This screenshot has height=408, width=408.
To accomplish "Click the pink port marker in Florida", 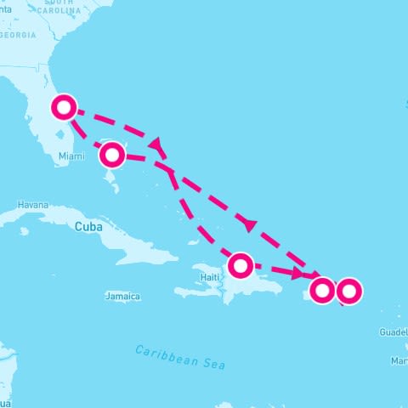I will point(65,108).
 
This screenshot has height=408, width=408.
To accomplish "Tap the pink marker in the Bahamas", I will point(112,155).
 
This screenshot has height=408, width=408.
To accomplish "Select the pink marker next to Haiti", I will point(241,265).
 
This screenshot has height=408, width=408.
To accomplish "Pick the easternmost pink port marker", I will point(348,292).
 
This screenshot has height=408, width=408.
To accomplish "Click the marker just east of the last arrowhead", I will point(322,290).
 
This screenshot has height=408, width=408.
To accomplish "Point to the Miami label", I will point(71,156).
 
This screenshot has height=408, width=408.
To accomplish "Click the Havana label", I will point(33,205).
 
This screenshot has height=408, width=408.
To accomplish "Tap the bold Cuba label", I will point(89,227).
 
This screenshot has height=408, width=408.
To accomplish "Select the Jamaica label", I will point(122,297).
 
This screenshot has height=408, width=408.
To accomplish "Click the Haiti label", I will point(210,277).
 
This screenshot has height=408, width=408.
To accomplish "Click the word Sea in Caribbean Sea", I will point(214,363).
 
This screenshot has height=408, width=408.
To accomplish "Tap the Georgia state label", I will point(19,36).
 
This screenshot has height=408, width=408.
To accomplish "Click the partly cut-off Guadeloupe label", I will point(394,332).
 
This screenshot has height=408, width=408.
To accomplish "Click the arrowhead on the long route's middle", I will point(249,224).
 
